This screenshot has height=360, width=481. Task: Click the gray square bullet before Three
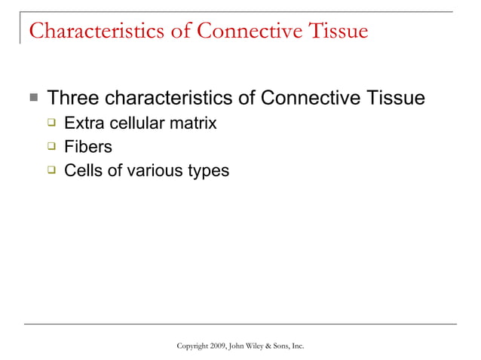pyautogui.click(x=33, y=98)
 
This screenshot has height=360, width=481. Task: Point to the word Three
pyautogui.click(x=73, y=99)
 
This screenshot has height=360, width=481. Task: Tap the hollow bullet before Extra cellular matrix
pyautogui.click(x=52, y=123)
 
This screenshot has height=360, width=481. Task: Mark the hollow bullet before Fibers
pyautogui.click(x=52, y=147)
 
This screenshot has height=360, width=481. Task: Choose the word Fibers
pyautogui.click(x=88, y=147)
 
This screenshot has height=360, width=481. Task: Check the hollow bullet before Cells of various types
pyautogui.click(x=52, y=170)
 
